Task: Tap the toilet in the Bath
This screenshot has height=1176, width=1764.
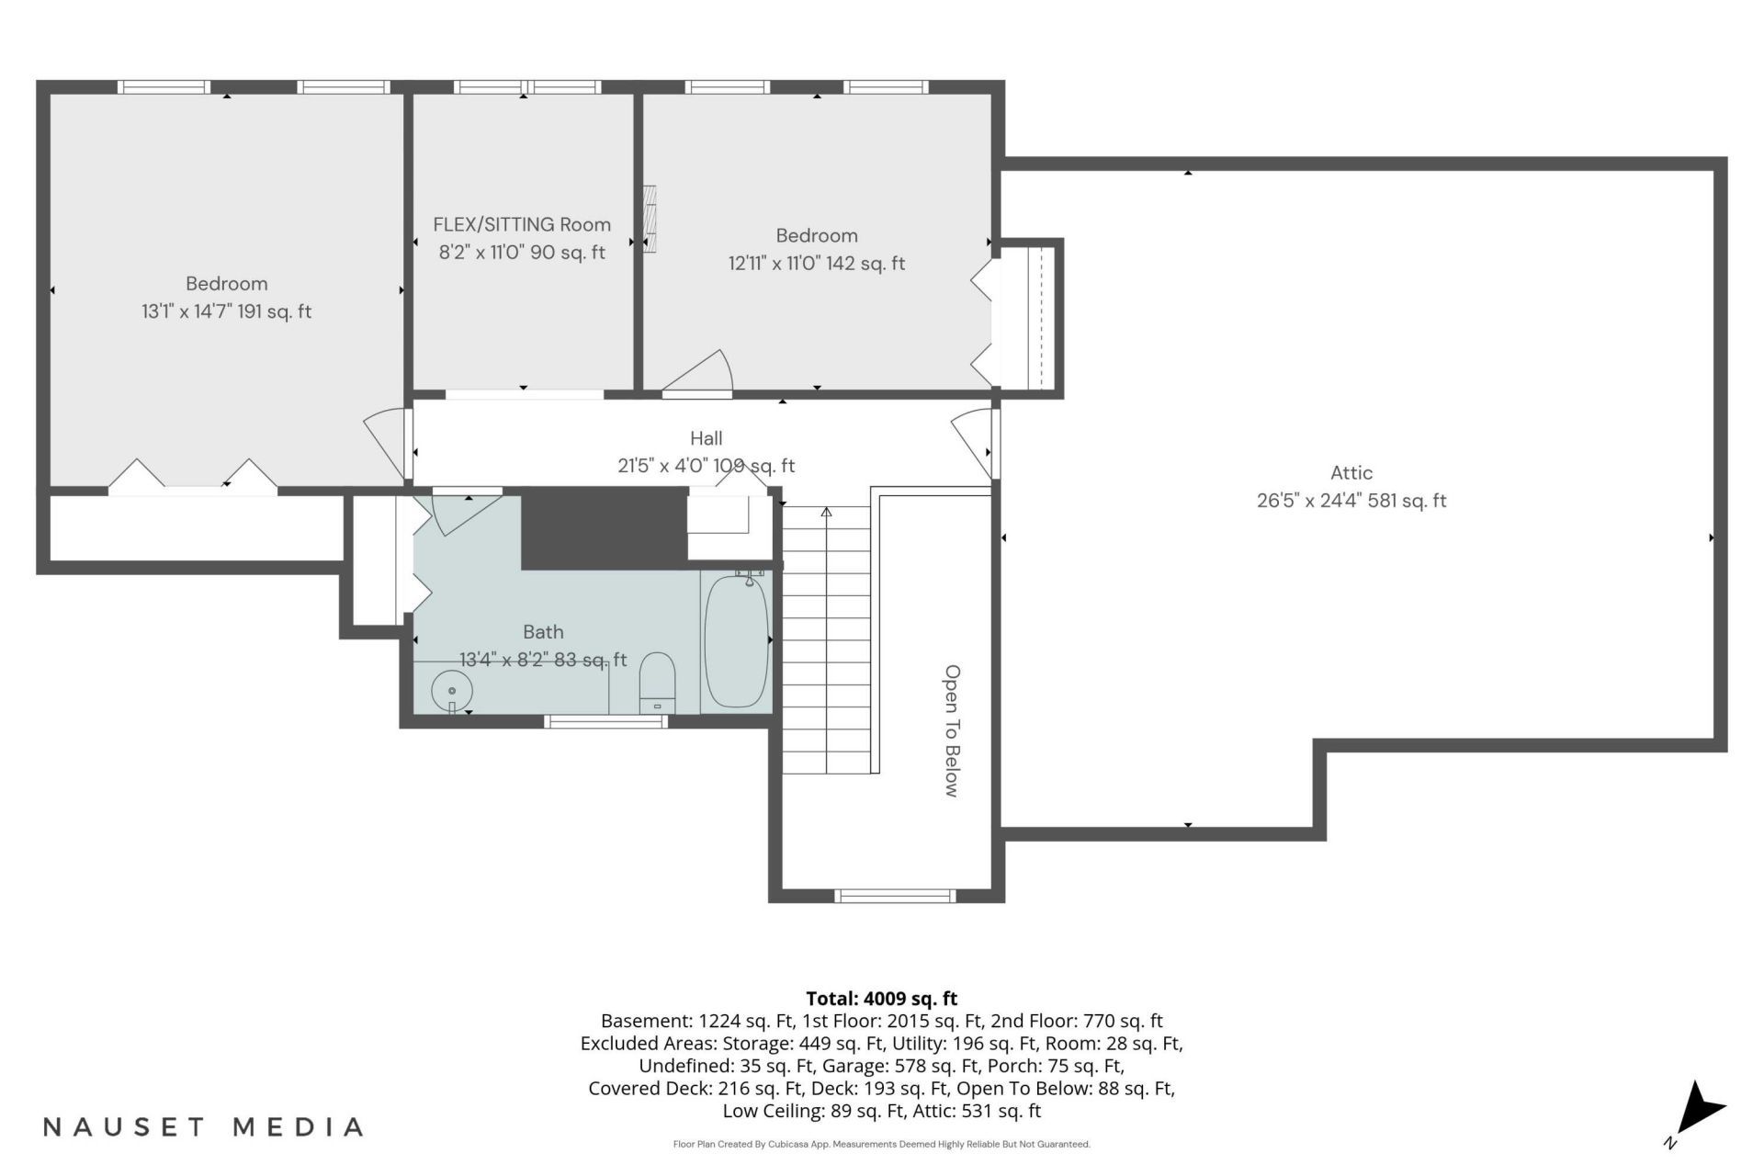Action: (657, 683)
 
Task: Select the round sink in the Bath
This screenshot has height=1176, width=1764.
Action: (452, 689)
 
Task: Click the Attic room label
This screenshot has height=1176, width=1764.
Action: (1351, 473)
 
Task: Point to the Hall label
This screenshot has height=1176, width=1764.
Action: (707, 439)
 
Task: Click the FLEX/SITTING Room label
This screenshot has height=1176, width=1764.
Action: (522, 224)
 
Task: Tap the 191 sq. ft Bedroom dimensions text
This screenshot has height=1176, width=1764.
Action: (226, 311)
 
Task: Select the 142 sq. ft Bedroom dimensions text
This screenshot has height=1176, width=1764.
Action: (817, 264)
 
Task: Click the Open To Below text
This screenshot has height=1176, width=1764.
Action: (952, 731)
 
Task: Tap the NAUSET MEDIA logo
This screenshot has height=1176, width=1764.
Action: (203, 1127)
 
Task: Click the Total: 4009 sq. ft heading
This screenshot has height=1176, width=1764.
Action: (881, 999)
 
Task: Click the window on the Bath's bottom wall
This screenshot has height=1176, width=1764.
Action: (605, 721)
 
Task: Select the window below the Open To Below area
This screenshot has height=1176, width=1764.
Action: (895, 896)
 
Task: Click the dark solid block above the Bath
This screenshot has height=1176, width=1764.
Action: (605, 528)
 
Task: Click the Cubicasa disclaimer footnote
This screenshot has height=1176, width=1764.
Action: (881, 1145)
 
